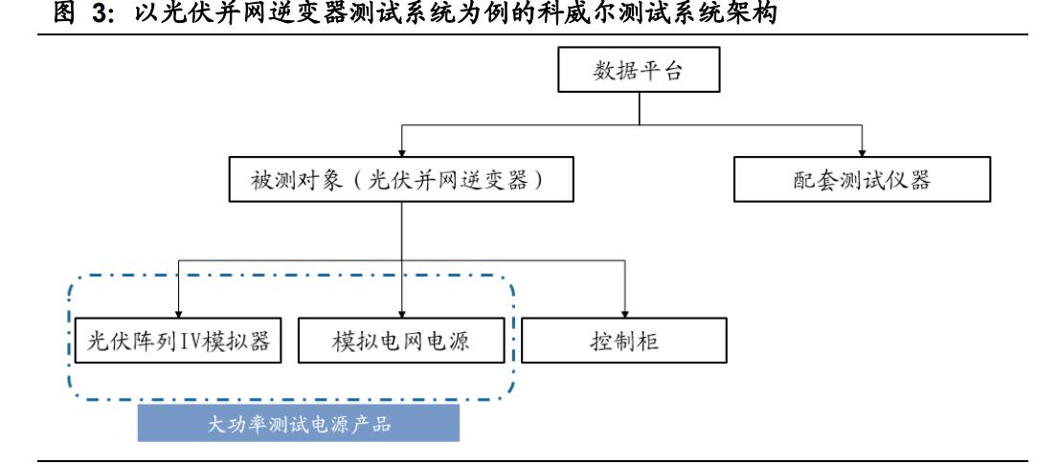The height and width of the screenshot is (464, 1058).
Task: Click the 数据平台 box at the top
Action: pos(638,73)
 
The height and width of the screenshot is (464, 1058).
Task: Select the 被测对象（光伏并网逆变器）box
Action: pos(401,180)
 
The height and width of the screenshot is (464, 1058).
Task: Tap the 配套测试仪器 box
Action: pos(862,180)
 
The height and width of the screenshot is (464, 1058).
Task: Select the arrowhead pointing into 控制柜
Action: pos(624,314)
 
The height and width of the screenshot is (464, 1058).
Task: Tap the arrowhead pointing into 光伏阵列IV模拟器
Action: pos(177,314)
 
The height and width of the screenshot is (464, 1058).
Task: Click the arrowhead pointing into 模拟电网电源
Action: pos(401,314)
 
